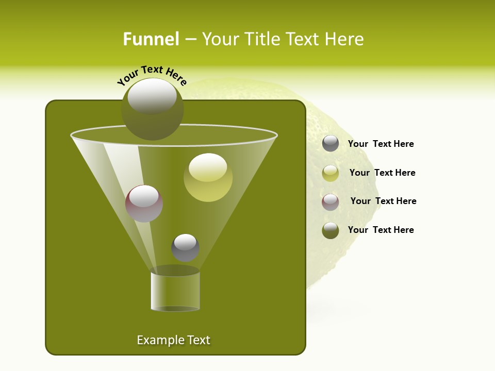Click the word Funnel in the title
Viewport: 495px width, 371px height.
pos(151,39)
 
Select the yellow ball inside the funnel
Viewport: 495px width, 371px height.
pos(208,177)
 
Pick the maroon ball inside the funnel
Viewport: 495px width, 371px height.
pos(144,204)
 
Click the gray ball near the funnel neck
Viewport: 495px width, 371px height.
pos(185,247)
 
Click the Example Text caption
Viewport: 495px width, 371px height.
pos(173,340)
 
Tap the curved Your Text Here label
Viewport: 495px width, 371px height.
pos(152,75)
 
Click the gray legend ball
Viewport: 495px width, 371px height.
pos(331,144)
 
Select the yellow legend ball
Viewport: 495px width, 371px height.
pos(331,173)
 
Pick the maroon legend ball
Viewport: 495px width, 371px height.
pos(331,202)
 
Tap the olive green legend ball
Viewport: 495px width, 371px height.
pos(331,230)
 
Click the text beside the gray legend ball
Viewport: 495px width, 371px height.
pos(381,144)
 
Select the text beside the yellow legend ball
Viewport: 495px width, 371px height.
pos(382,173)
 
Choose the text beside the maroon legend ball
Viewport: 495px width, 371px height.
pos(383,201)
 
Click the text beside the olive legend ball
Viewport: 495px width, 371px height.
pos(381,230)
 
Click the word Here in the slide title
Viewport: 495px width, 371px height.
pos(345,39)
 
